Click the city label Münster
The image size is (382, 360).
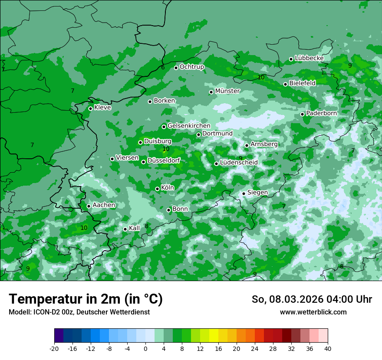(227, 91)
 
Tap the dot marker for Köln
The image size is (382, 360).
(157, 189)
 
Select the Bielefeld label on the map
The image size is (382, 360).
(302, 83)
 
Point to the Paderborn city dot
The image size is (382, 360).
(303, 114)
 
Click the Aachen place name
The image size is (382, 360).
(104, 205)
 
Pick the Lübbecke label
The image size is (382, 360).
(309, 58)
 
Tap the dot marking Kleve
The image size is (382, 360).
(90, 108)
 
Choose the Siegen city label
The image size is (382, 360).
(257, 193)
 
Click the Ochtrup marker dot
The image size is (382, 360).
(176, 68)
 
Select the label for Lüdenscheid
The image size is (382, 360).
(239, 163)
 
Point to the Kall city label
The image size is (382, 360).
(135, 228)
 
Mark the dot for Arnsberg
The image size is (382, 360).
(247, 145)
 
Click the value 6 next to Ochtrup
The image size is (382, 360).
(163, 67)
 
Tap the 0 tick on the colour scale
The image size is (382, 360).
(145, 348)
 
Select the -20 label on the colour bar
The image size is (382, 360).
(54, 348)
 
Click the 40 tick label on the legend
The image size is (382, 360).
(328, 348)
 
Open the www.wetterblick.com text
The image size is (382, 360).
(313, 312)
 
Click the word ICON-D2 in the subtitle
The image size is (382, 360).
(43, 312)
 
